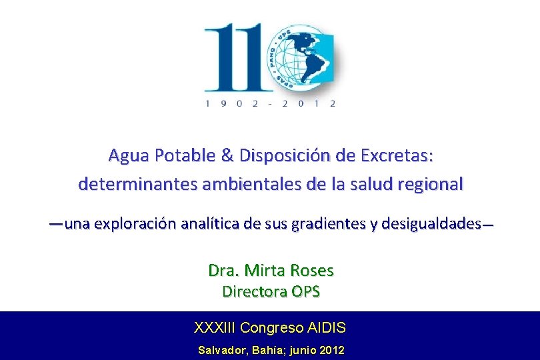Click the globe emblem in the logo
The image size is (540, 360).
pos(302,59)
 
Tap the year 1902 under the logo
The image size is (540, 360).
pos(232,103)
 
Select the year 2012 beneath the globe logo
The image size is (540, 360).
pos(309,103)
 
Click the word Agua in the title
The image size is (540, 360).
pos(129,156)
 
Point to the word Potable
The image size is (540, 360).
pos(185,155)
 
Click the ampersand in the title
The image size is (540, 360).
pos(227,155)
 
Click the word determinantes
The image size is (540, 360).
pos(138,184)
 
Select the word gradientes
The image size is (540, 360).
pos(329,224)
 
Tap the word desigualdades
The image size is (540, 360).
pos(431,224)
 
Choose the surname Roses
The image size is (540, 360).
pos(312,271)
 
